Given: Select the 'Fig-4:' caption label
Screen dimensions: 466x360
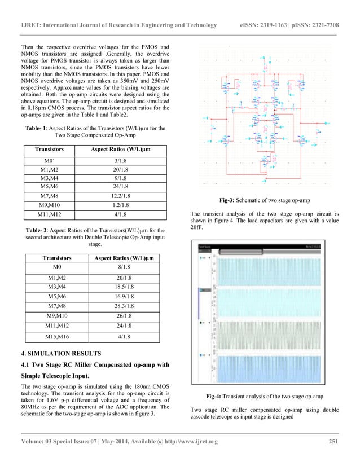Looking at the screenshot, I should pos(217,397).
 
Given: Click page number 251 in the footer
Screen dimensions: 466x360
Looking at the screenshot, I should pos(333,449).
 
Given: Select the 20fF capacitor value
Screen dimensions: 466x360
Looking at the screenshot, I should pos(196,235).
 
